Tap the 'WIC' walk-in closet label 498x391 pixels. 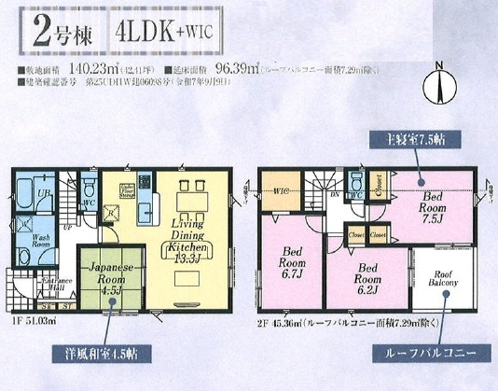(x=284, y=192)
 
